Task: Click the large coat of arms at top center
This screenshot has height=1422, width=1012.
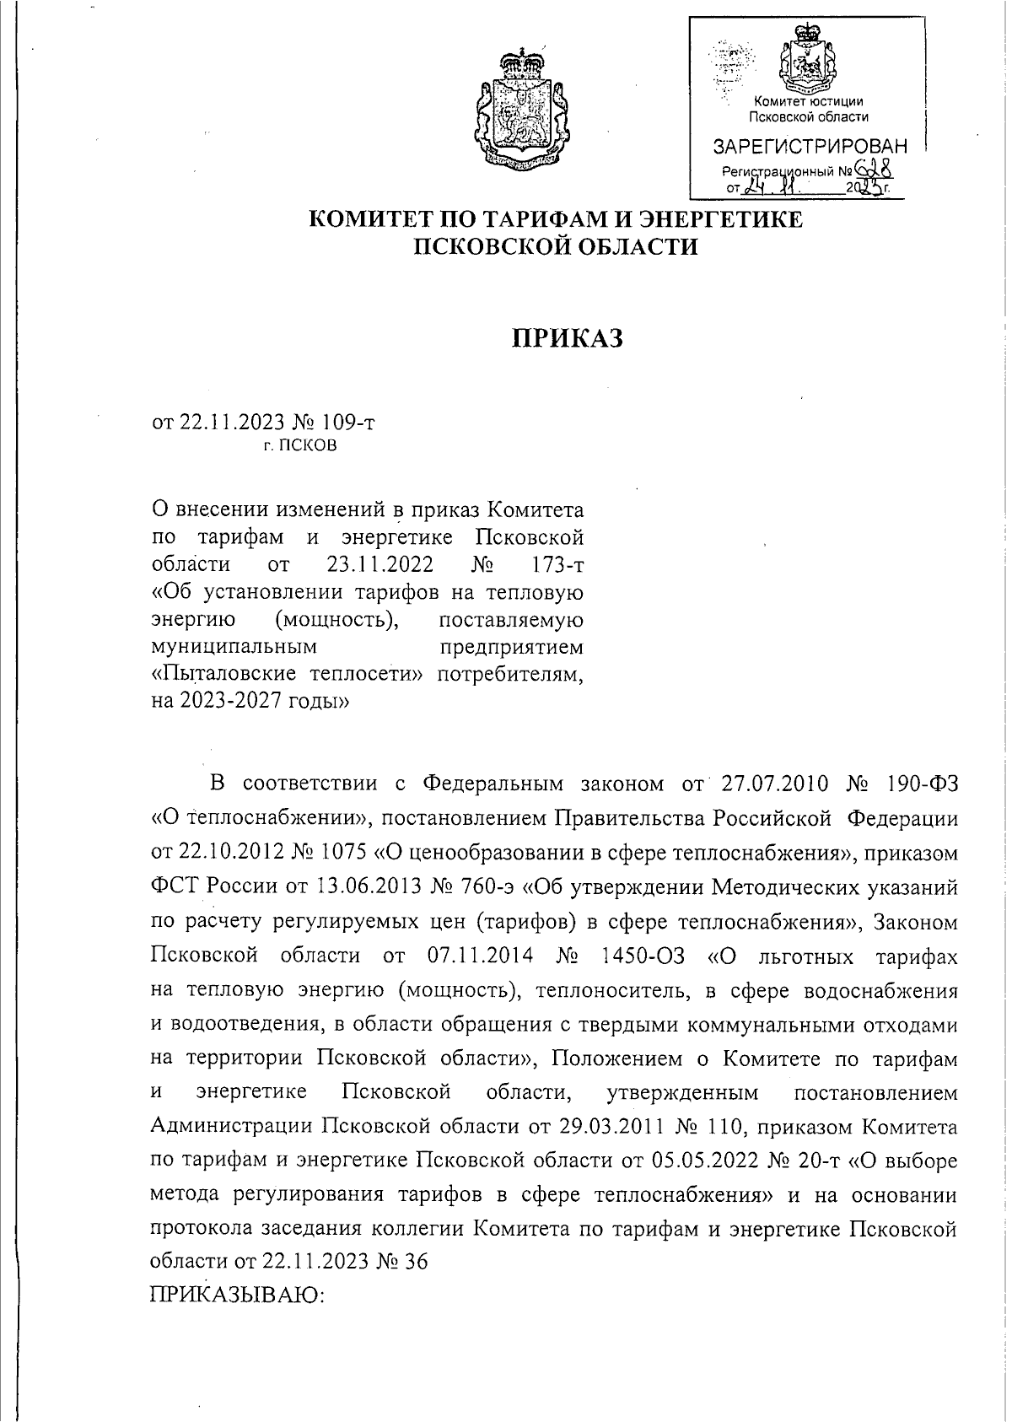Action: (520, 107)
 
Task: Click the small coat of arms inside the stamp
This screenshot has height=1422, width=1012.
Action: (809, 59)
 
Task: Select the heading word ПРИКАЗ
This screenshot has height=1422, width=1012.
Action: (568, 338)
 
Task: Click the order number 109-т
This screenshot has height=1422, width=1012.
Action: (346, 422)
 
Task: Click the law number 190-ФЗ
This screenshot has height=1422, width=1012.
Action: (923, 784)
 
